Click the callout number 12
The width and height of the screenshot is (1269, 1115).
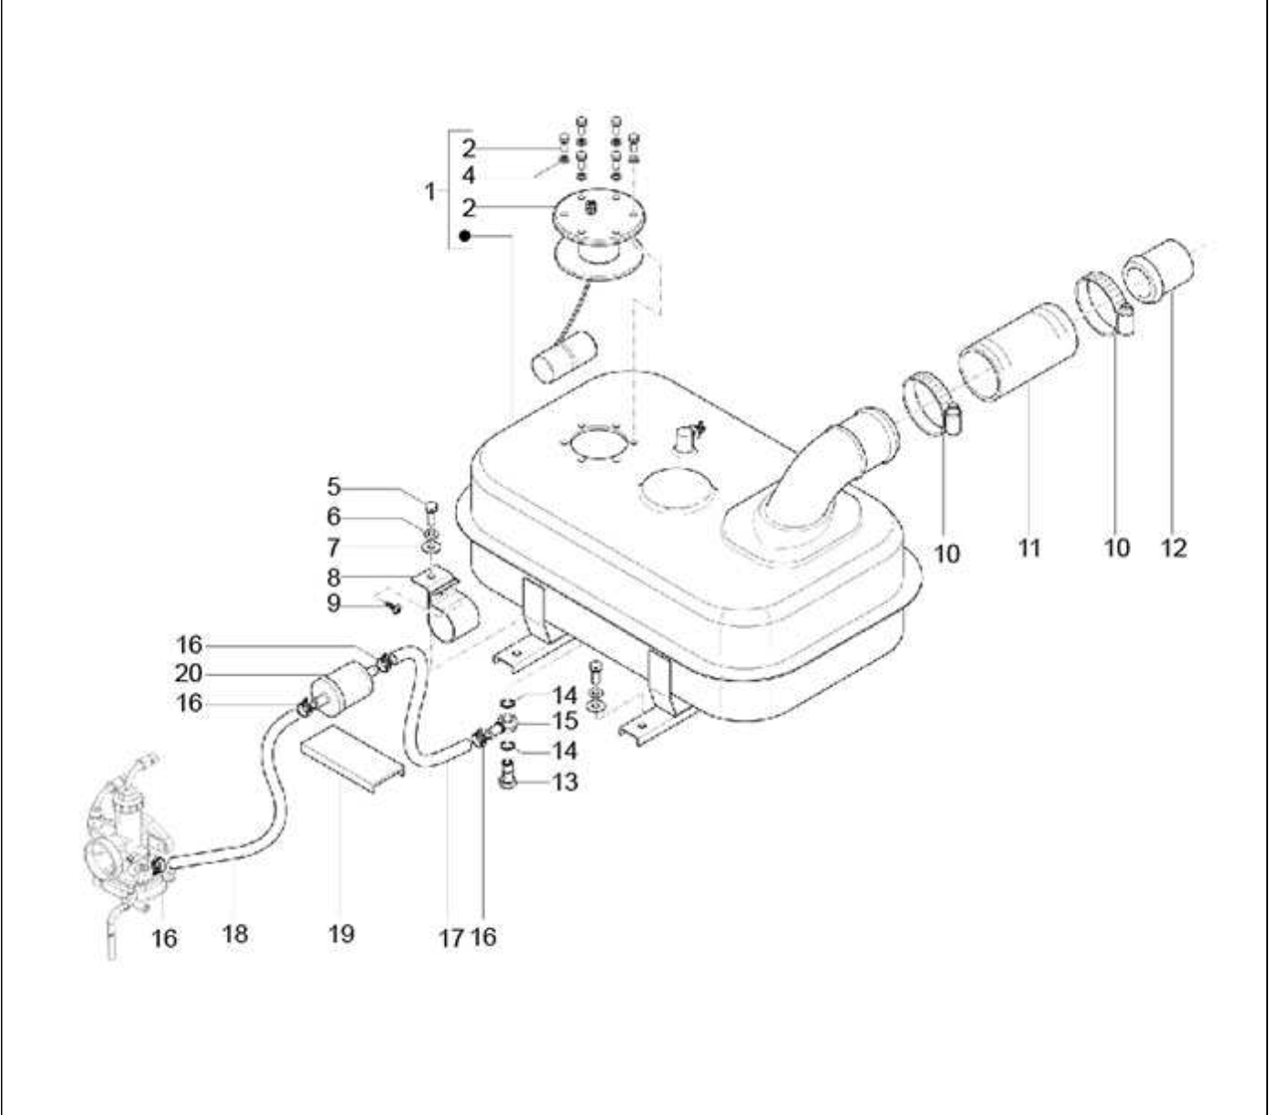pyautogui.click(x=1174, y=548)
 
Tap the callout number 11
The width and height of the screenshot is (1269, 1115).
pyautogui.click(x=1029, y=548)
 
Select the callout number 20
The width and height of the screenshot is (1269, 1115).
pyautogui.click(x=189, y=674)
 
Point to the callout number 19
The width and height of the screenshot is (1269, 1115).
pyautogui.click(x=342, y=934)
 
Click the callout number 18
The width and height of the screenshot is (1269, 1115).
pyautogui.click(x=235, y=934)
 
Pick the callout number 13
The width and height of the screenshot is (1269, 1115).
pyautogui.click(x=564, y=782)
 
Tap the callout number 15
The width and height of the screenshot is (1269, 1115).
pyautogui.click(x=564, y=721)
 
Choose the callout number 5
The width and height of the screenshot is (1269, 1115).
pyautogui.click(x=333, y=487)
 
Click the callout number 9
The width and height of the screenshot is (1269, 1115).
pyautogui.click(x=333, y=604)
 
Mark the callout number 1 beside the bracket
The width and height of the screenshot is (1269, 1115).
pyautogui.click(x=430, y=191)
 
